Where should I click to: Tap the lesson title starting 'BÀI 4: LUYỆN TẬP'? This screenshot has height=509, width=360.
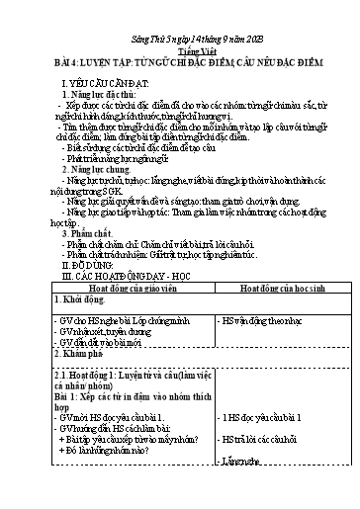179,57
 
